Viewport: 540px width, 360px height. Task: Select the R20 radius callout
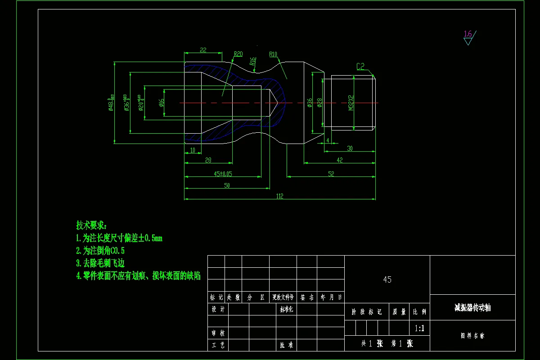238,54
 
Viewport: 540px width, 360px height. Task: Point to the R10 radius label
273,54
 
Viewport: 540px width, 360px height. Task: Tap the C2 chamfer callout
360,67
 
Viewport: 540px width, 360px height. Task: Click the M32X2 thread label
351,103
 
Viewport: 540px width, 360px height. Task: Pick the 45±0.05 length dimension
223,173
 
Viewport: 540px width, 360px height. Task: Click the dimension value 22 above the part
203,50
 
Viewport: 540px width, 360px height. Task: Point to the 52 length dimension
331,173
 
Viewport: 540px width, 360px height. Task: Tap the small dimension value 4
328,140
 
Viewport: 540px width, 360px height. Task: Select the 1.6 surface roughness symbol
468,34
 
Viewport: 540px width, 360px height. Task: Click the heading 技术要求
92,225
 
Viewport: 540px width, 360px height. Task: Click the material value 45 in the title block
387,279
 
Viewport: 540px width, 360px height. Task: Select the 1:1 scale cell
419,328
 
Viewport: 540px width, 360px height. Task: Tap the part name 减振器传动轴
472,308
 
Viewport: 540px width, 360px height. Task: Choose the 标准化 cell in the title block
286,309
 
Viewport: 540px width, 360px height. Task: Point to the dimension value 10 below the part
193,150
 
